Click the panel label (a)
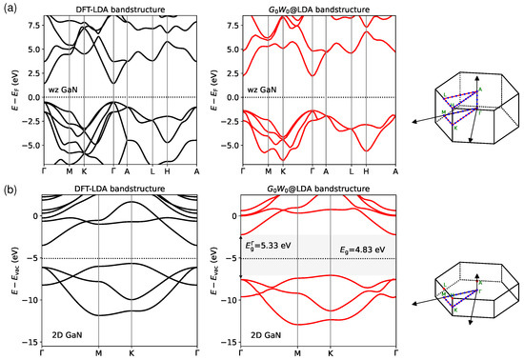click(10, 7)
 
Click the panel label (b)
click(10, 177)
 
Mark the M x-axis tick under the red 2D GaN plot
click(298, 352)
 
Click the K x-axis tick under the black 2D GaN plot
click(131, 352)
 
